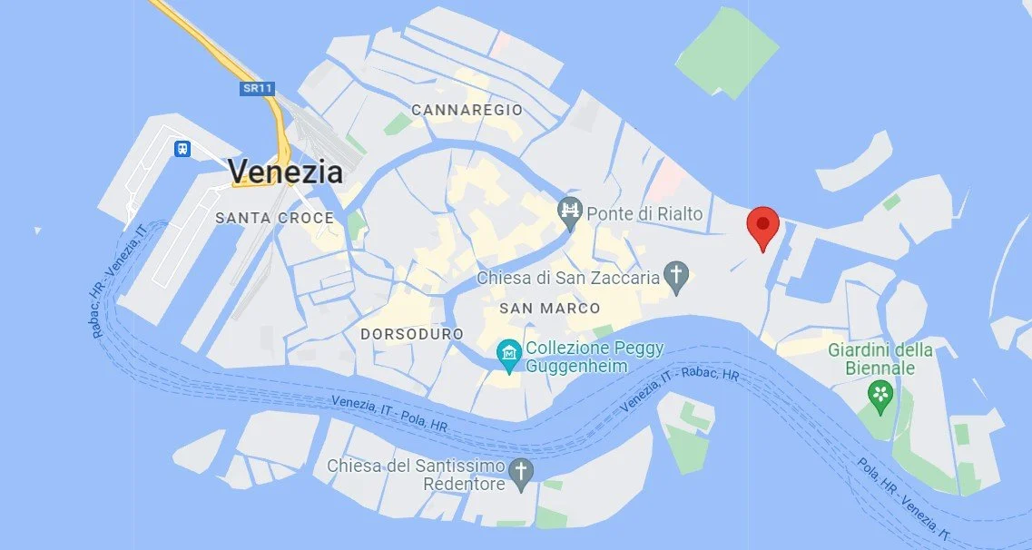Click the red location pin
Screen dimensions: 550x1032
[762, 224]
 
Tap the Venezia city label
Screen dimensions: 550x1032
[285, 171]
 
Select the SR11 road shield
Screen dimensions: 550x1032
[258, 89]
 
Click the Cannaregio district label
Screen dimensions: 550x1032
[467, 110]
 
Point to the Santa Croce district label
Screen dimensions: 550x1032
[274, 218]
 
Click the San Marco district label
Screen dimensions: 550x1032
[549, 309]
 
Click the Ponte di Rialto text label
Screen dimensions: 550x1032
[644, 214]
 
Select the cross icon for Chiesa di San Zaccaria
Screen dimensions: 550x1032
[674, 275]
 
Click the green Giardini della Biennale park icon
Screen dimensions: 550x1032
[880, 394]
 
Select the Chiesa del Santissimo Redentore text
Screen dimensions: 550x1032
[416, 475]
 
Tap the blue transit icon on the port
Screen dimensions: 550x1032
[182, 148]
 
